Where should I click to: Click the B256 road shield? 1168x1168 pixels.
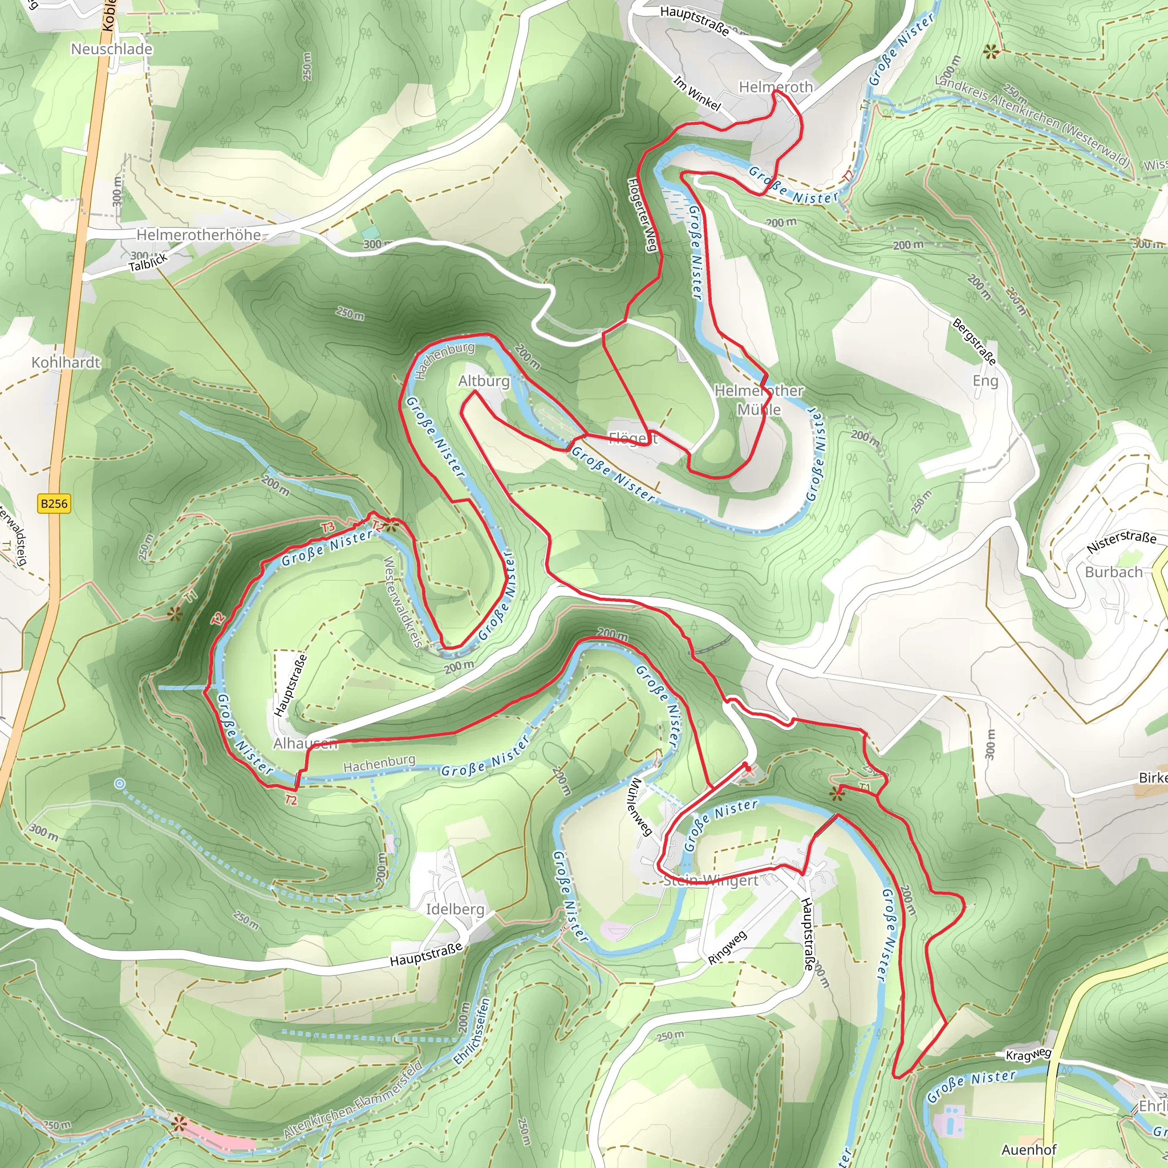(x=54, y=504)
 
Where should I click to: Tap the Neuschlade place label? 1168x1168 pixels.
(x=112, y=49)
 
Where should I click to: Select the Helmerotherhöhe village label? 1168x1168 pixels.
(x=198, y=234)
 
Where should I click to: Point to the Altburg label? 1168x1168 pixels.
(x=484, y=381)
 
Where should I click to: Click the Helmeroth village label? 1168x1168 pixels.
(x=776, y=87)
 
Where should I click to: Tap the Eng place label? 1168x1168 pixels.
(x=985, y=381)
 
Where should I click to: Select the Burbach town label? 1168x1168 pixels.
(x=1114, y=572)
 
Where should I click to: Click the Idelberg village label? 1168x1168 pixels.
(x=455, y=909)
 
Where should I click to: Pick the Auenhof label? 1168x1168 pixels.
(x=1029, y=1149)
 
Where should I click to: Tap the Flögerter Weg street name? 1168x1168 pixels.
(x=642, y=214)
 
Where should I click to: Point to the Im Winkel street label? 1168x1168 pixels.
(x=697, y=93)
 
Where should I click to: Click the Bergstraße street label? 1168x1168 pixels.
(x=974, y=342)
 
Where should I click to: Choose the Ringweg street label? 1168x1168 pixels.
(x=727, y=947)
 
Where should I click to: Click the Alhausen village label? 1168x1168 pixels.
(x=305, y=744)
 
